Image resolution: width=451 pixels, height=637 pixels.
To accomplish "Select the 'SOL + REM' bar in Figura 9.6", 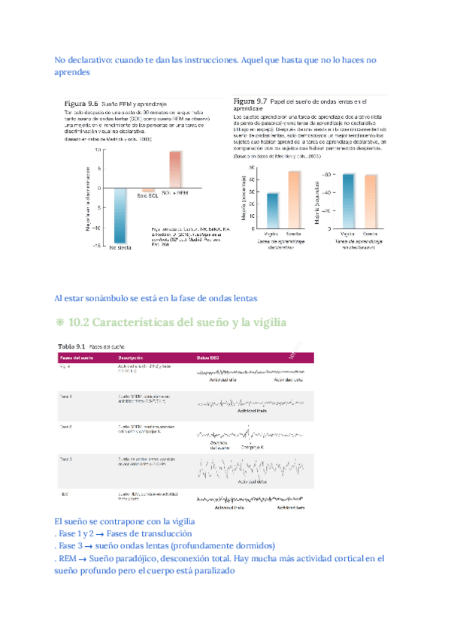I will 175,170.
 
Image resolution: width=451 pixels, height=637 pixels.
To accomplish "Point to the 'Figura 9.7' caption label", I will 250,101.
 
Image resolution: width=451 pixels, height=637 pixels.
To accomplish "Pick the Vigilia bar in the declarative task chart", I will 272,210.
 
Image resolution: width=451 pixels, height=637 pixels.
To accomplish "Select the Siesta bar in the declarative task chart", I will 294,198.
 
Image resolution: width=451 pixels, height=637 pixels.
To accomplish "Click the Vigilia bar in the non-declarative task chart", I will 348,200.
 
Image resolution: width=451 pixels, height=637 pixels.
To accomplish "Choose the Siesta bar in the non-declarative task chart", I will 371,201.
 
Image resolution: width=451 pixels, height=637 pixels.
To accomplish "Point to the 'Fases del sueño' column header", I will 76,358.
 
